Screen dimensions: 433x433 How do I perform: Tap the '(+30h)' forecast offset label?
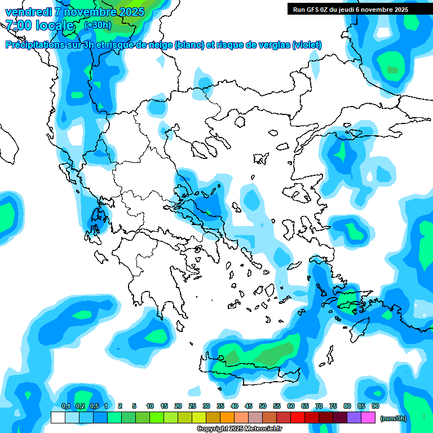coord(98,25)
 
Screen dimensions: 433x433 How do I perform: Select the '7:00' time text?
coord(18,25)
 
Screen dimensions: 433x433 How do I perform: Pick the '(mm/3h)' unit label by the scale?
coord(393,418)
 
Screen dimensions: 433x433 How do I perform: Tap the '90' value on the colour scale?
coord(375,406)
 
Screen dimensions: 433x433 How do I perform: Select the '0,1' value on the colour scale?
coord(65,406)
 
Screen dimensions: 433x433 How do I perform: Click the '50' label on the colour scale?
coord(263,406)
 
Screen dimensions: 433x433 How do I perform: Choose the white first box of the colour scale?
coord(58,417)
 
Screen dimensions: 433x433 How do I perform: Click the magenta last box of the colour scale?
coord(368,417)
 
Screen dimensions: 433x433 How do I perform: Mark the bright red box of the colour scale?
coord(298,417)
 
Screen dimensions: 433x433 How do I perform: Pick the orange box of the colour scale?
coord(227,417)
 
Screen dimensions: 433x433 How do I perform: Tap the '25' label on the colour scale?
coord(192,406)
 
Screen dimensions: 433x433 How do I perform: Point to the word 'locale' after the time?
coord(55,25)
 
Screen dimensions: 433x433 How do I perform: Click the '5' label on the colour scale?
coord(134,406)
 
